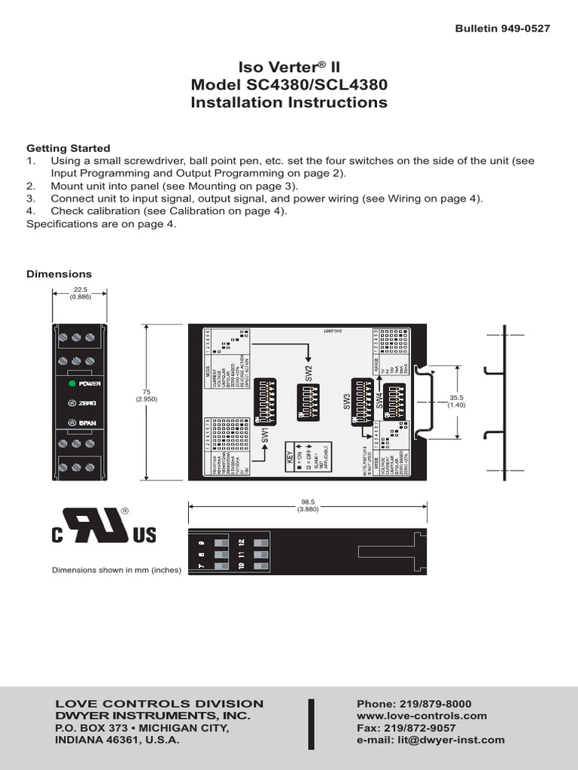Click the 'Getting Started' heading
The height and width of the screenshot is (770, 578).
pos(68,148)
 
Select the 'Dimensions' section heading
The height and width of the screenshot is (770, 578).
pos(59,274)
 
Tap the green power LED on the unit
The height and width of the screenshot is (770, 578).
pos(72,383)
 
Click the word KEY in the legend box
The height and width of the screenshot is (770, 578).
pos(288,455)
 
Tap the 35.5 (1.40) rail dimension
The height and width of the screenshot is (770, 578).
pos(458,400)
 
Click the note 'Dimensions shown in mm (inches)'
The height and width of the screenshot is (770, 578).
pos(117,570)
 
